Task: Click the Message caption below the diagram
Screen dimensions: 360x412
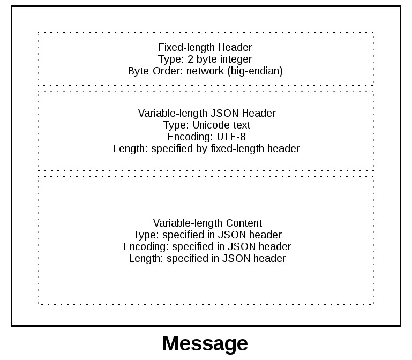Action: point(205,343)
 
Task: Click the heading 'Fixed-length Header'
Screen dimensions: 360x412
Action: point(205,47)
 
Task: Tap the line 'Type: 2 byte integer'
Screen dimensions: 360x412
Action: point(205,59)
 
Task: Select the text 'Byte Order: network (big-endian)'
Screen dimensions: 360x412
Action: point(205,71)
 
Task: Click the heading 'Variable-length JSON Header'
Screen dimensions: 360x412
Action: point(207,113)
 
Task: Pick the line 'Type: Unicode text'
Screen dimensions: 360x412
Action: point(207,125)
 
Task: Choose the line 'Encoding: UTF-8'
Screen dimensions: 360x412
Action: point(207,137)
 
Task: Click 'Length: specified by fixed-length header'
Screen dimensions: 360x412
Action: point(207,148)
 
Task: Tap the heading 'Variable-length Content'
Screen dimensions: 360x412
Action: point(207,223)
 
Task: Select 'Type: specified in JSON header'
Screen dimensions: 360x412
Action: point(207,235)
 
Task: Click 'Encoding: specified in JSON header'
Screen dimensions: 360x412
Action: point(207,246)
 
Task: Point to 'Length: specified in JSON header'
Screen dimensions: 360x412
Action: point(207,258)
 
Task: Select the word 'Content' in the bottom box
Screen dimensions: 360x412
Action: point(244,223)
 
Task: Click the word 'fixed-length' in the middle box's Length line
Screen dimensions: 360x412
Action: point(244,148)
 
